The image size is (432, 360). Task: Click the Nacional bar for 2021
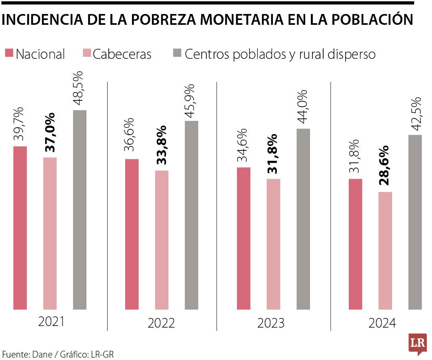[x=20, y=228]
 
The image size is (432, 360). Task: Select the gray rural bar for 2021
[x=80, y=210]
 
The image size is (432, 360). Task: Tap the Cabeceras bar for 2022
[x=162, y=240]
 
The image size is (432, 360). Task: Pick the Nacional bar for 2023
[x=244, y=238]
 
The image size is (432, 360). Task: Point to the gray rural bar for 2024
[x=415, y=222]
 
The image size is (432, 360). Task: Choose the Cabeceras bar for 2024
[x=385, y=251]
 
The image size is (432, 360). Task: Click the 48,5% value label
[x=79, y=88]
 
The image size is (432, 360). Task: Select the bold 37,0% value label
[x=50, y=132]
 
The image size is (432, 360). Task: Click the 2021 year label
[x=51, y=322]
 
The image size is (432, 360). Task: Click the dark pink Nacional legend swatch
[x=9, y=53]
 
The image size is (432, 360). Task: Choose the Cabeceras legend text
[x=122, y=54]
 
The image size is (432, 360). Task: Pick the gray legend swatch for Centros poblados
[x=177, y=53]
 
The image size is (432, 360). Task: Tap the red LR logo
[x=417, y=343]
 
